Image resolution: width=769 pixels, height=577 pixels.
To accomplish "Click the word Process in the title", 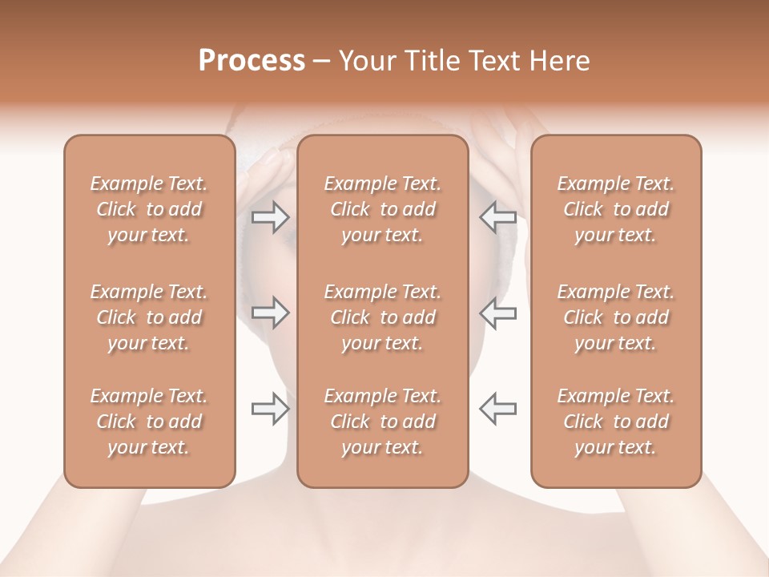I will tap(252, 61).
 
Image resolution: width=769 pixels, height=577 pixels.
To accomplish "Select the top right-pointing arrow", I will tap(270, 216).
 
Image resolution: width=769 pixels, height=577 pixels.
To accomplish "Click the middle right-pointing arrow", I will tap(270, 313).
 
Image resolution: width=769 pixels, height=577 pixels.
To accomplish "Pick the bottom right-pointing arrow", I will tap(270, 409).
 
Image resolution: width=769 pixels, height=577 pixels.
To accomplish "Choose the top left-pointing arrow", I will tap(498, 216).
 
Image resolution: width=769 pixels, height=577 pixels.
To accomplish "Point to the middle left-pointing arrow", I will tap(498, 313).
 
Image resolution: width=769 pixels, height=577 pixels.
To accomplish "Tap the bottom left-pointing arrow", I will tap(498, 409).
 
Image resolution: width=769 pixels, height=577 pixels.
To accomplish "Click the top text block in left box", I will tap(149, 209).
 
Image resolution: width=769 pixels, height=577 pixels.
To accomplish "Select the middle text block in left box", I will tap(149, 317).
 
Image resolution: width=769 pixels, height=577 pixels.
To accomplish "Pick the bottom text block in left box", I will tap(149, 422).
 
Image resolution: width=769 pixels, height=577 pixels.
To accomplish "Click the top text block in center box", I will tap(383, 209).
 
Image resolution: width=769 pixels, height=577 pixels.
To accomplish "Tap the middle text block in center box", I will tap(383, 317).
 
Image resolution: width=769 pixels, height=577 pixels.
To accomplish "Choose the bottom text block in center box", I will tap(383, 422).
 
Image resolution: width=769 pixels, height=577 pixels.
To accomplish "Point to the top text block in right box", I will tap(616, 209).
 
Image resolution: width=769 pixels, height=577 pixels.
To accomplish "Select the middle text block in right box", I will tap(616, 317).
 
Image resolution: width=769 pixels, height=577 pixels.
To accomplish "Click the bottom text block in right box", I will tap(616, 422).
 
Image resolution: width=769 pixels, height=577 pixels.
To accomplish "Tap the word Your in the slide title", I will tap(366, 61).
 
